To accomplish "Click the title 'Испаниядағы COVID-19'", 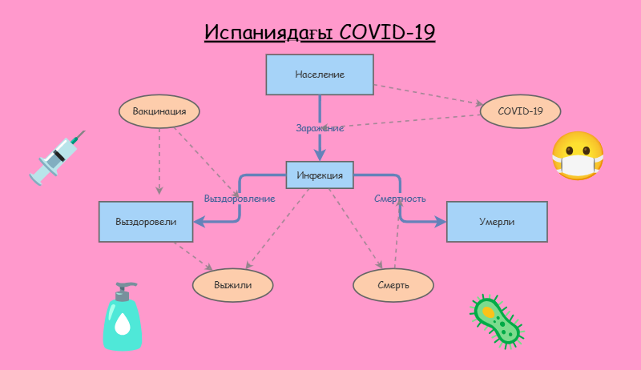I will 320,33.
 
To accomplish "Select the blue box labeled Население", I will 320,74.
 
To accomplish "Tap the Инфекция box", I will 320,175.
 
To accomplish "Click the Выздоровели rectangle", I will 146,222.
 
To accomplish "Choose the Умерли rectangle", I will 497,222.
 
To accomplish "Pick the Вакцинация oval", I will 159,111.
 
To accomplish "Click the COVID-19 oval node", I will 520,111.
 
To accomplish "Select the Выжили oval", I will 233,284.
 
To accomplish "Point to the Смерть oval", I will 393,284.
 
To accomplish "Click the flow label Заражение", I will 320,128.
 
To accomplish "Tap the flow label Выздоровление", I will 240,198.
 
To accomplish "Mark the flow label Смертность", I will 400,198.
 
